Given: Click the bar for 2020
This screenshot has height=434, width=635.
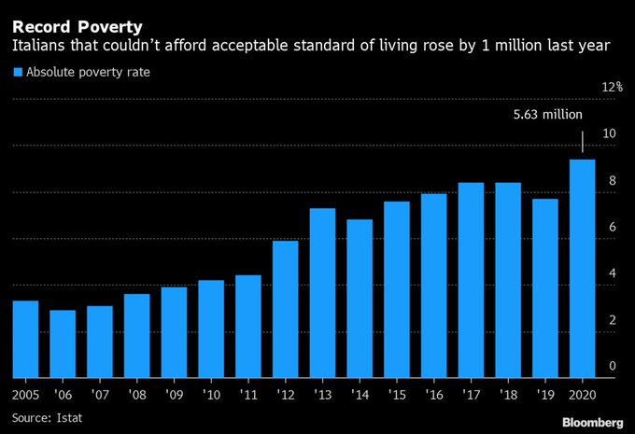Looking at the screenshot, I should pyautogui.click(x=583, y=269).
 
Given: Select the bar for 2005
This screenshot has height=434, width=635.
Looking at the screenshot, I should pyautogui.click(x=26, y=339).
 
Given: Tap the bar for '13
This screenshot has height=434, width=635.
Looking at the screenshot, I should pyautogui.click(x=323, y=293).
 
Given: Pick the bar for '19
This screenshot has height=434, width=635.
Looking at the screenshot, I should pyautogui.click(x=545, y=288).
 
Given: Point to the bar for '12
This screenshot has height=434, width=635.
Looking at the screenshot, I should pyautogui.click(x=286, y=309).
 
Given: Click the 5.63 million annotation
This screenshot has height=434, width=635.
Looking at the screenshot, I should pyautogui.click(x=548, y=115).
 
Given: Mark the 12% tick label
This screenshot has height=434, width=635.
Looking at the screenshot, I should pyautogui.click(x=612, y=87).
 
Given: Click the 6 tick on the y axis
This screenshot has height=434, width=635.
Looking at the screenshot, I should pyautogui.click(x=611, y=227).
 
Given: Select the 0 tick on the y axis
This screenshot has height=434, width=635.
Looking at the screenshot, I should pyautogui.click(x=611, y=366).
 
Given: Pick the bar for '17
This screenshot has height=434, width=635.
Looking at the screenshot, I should pyautogui.click(x=472, y=280).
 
